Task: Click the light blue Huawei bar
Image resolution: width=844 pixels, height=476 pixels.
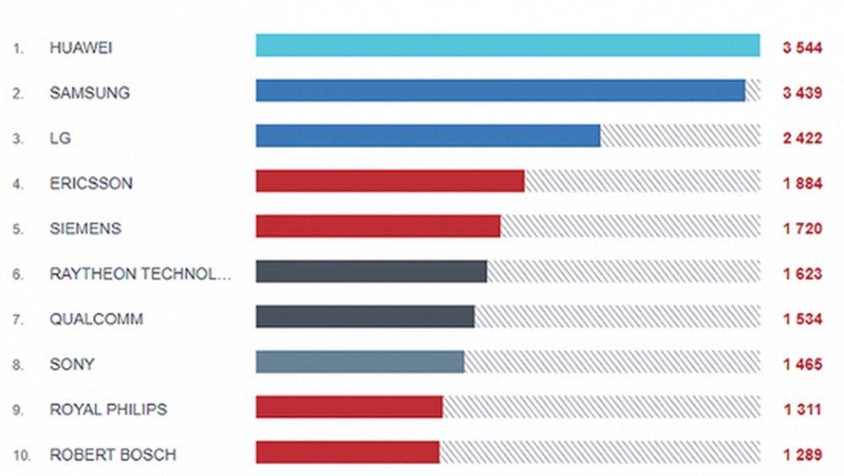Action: coord(507,46)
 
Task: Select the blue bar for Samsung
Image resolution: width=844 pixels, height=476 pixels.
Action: coord(500,91)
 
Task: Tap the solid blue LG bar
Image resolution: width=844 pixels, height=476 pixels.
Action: coord(428,137)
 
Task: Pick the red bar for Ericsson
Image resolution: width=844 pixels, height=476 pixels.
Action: coord(390,181)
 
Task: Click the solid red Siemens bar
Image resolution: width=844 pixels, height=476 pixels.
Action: coord(378,227)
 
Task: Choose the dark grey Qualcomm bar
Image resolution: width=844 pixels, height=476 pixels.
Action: coord(365,317)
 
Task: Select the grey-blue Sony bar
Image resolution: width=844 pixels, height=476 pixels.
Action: coord(360,362)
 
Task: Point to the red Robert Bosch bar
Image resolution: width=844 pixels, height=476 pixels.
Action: coord(347,452)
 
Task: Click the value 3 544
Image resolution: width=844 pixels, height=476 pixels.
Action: coord(802,47)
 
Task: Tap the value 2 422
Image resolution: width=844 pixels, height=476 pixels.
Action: coord(802,138)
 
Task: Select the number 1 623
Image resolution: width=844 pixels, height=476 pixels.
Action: coord(802,273)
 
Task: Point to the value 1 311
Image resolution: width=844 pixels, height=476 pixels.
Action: coord(802,409)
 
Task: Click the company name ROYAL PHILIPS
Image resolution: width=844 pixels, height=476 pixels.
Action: coord(108,409)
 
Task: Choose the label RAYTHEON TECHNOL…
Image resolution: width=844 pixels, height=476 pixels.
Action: coord(140,273)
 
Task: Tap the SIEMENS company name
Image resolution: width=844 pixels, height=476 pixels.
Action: coord(85,228)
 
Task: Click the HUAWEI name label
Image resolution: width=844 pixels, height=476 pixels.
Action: coord(81,47)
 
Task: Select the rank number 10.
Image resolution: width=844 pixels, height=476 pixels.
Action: coord(22,455)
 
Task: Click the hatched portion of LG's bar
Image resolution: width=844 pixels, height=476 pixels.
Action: coord(679,137)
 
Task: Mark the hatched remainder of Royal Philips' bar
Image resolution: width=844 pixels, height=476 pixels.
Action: coord(601,408)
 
